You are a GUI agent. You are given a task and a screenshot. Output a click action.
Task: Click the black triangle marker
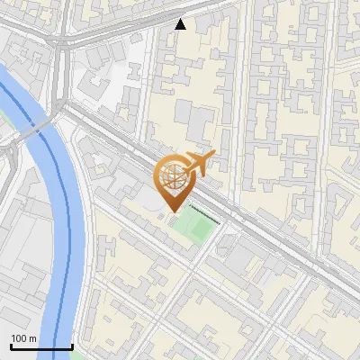181,24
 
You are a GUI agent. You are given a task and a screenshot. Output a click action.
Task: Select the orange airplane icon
198,165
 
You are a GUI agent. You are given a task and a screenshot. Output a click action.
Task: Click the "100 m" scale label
23,338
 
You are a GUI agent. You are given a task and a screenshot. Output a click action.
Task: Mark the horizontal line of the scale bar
41,346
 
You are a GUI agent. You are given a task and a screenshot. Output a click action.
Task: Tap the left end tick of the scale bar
11,345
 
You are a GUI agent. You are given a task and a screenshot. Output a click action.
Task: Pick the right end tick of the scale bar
72,345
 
